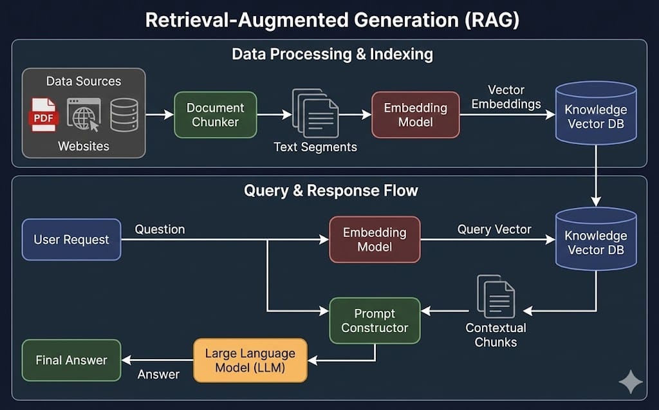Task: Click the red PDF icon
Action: [43, 115]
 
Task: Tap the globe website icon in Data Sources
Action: [84, 115]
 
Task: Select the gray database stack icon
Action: [124, 115]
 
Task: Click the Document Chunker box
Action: [215, 115]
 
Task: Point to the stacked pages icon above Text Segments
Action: [315, 113]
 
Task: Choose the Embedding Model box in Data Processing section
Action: [415, 115]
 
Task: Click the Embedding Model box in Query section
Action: [375, 239]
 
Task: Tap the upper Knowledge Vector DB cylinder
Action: [595, 113]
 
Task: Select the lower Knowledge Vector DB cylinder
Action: [595, 238]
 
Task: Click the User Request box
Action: [71, 239]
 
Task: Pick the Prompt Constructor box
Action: [375, 321]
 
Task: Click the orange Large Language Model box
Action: [250, 360]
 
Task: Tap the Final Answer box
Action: [71, 360]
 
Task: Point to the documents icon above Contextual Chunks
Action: [496, 297]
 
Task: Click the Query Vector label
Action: [494, 229]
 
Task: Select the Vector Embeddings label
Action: [506, 97]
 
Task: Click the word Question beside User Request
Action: [160, 229]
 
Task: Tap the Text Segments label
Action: [315, 147]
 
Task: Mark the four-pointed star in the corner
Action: [631, 382]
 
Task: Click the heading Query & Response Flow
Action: [331, 191]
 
